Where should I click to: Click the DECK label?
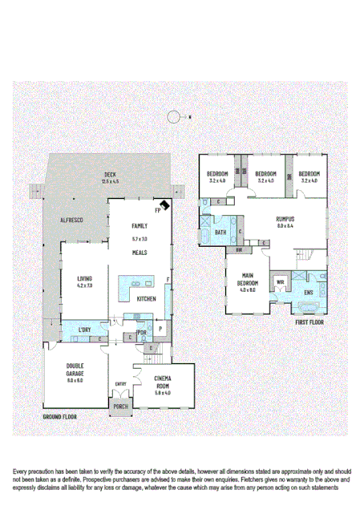(x=110, y=175)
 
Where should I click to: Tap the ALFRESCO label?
(x=73, y=220)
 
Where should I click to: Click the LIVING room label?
(x=85, y=278)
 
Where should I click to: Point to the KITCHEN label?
(x=145, y=298)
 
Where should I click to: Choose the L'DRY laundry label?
(x=84, y=330)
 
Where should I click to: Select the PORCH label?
(x=120, y=407)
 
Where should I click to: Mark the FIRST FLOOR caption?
(x=310, y=322)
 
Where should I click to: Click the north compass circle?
(x=173, y=117)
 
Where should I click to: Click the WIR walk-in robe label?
(x=281, y=283)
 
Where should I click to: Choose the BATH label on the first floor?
(x=220, y=233)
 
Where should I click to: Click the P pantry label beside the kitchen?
(x=160, y=328)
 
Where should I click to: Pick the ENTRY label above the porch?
(x=121, y=384)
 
